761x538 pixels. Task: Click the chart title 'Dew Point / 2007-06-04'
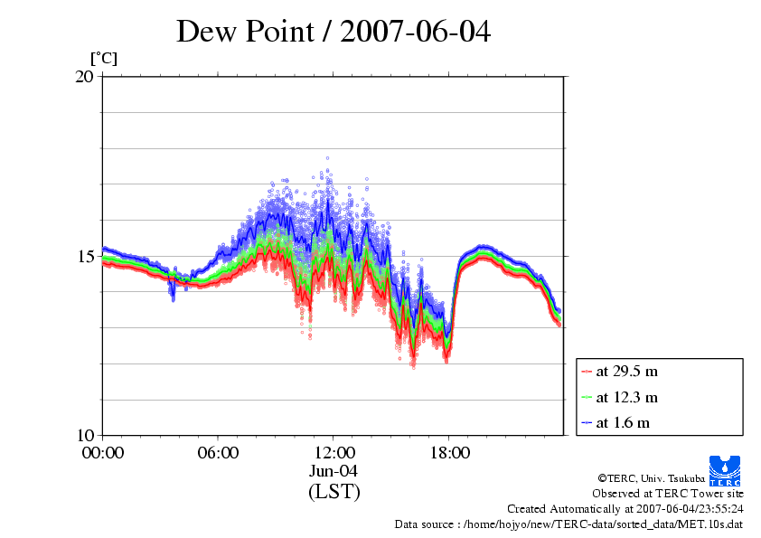[334, 33]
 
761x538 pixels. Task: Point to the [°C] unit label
[103, 59]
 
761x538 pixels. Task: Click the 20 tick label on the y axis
[84, 77]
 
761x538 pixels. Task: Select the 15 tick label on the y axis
[84, 256]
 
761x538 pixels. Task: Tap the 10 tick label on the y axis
[84, 435]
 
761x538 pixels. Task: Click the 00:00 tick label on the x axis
[103, 452]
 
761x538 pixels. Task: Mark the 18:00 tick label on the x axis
[449, 452]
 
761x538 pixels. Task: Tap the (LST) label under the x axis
[334, 492]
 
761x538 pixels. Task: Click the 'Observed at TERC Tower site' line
[668, 494]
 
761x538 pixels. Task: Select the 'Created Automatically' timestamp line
[625, 509]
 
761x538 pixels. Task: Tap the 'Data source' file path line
[568, 524]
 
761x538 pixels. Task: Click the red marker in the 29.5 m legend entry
[587, 372]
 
